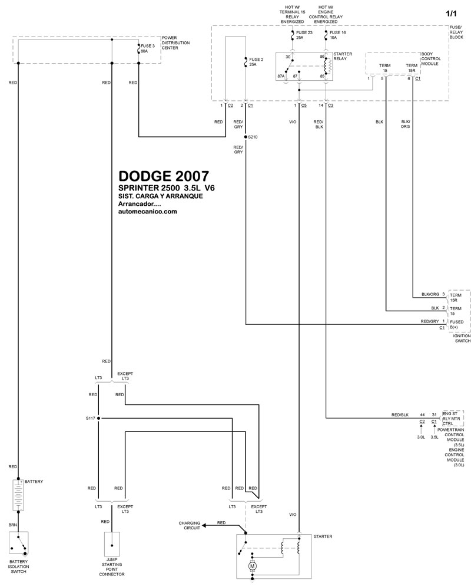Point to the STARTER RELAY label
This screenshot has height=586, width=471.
coord(343,56)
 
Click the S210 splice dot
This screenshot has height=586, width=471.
coord(246,137)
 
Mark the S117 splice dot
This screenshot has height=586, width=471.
coord(98,418)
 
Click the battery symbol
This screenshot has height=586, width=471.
coord(18,495)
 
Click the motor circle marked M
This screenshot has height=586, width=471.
coord(253,566)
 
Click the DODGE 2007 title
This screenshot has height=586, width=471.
coord(162,176)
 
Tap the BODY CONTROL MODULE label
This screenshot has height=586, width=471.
coord(433,61)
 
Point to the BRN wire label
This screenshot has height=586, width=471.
coord(12,524)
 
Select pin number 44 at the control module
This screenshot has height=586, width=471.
coord(422,414)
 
